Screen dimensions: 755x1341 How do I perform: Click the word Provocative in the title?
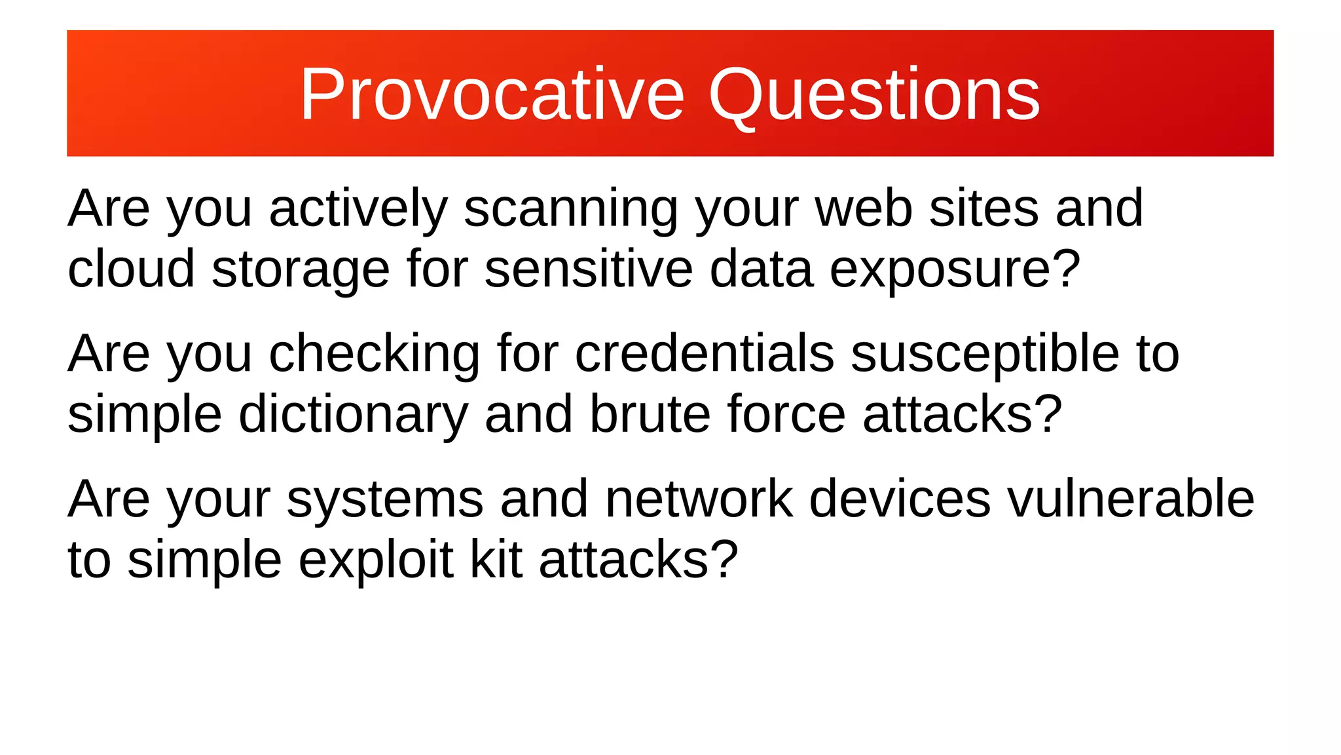coord(492,95)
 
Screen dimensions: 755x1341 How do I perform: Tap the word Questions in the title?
coord(874,95)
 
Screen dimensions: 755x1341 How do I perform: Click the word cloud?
coord(131,269)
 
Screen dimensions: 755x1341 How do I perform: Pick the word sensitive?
coord(588,269)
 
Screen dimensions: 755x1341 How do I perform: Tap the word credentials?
coord(704,354)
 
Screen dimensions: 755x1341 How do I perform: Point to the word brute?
coord(650,414)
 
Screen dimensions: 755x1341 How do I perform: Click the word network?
coord(699,499)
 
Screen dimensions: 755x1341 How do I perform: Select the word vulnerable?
coord(1130,499)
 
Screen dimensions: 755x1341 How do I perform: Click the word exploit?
coord(376,561)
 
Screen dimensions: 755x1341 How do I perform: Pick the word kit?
coord(496,560)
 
